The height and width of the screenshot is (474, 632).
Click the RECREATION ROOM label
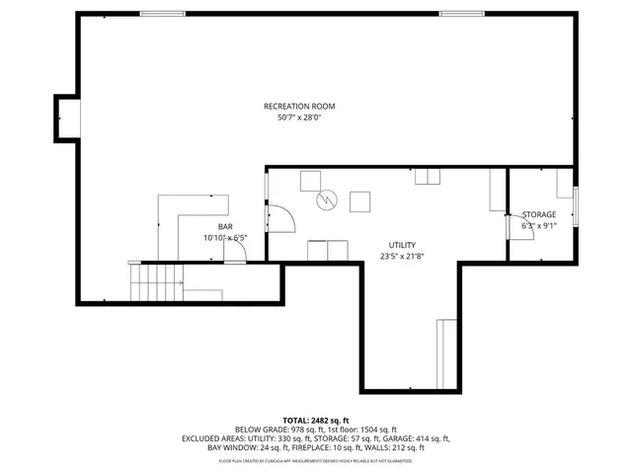coord(299,107)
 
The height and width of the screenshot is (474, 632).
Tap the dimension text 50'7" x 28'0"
coord(299,118)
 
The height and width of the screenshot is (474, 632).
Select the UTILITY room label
coord(402,245)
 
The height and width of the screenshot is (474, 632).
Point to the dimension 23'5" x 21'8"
coord(402,257)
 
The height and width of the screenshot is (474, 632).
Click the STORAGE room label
coord(539,214)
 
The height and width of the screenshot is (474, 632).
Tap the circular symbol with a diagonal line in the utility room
coord(325,200)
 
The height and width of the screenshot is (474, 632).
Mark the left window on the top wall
coord(163,13)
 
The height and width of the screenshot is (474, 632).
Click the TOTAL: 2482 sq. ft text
coord(316,421)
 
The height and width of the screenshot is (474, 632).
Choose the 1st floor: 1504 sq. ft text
coord(361,430)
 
